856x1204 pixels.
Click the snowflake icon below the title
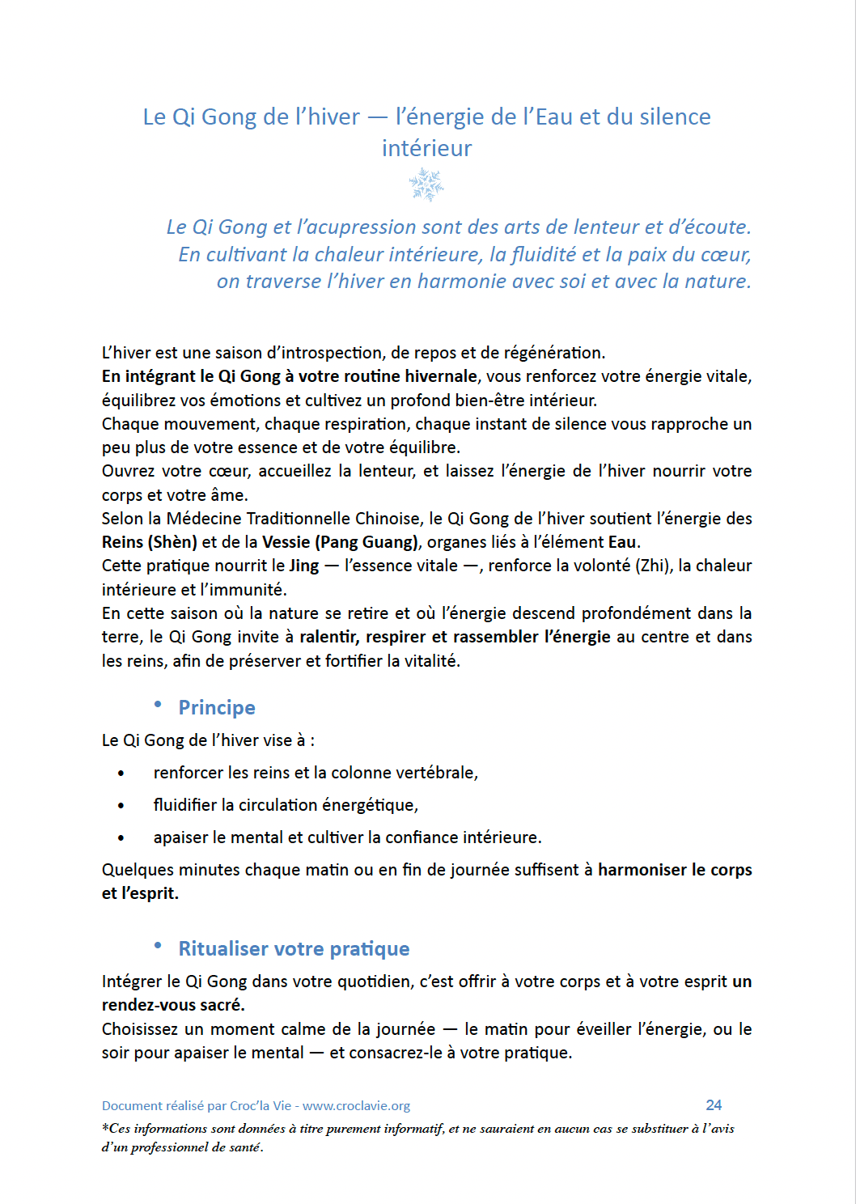(x=426, y=184)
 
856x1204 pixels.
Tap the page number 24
(x=714, y=1105)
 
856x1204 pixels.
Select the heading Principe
(x=217, y=708)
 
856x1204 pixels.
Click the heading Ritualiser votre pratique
(x=294, y=949)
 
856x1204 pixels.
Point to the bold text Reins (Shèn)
(x=150, y=542)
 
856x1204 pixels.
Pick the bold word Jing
(x=304, y=566)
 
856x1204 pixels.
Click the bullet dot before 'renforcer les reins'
(x=121, y=774)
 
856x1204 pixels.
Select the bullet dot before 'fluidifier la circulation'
(x=121, y=806)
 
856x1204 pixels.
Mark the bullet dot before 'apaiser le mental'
(x=121, y=838)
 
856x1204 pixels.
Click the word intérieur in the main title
(x=426, y=149)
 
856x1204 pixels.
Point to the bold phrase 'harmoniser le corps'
(x=675, y=870)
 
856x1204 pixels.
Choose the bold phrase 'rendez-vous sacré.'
(x=173, y=1005)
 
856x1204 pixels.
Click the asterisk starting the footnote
(x=105, y=1127)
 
